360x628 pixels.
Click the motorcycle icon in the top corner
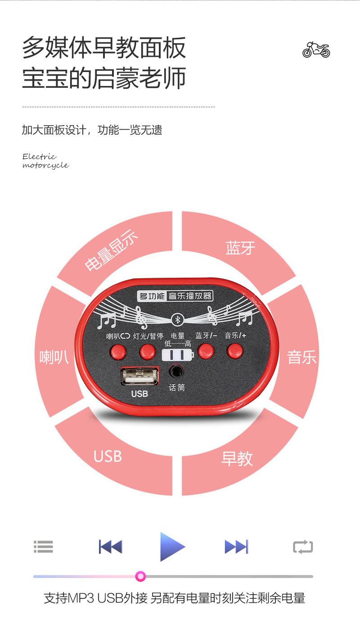pos(316,49)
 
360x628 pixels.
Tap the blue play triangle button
pos(171,547)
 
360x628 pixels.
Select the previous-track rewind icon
pos(111,547)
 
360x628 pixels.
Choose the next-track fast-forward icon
pos(236,547)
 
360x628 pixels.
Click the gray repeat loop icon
pos(302,547)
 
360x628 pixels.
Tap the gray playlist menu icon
pos(44,547)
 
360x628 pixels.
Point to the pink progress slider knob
pos(140,576)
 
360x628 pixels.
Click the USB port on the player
pos(139,376)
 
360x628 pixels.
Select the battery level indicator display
pos(178,355)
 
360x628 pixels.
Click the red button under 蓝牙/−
pos(206,351)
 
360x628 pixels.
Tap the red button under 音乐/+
pos(234,350)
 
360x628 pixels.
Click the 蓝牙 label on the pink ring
pos(240,248)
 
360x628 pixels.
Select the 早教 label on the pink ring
pos(237,458)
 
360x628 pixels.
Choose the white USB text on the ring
pos(108,456)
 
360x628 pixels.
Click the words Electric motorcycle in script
pos(45,161)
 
